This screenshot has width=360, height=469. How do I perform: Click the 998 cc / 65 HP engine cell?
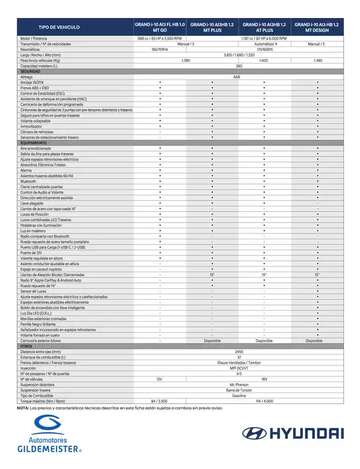tap(160, 39)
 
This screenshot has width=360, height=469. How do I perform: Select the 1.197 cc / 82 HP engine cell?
tap(264, 39)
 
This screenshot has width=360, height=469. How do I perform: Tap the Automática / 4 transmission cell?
tap(264, 44)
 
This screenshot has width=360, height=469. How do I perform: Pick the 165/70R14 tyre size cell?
tap(160, 49)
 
